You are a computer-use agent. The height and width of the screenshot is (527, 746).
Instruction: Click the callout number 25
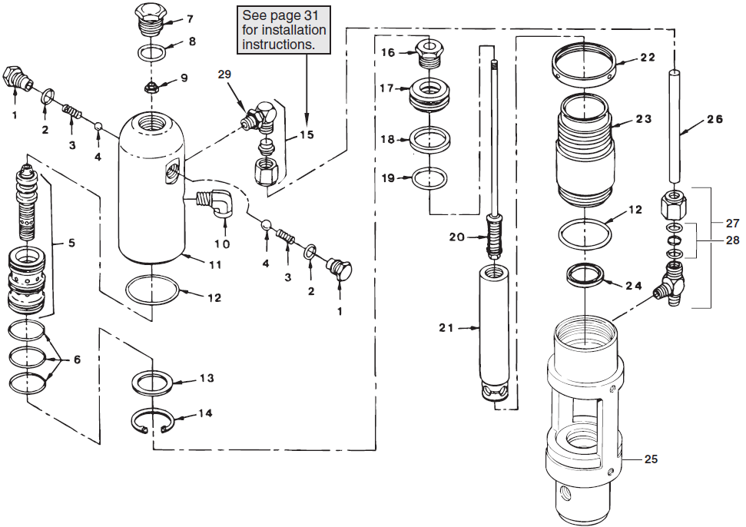pos(651,459)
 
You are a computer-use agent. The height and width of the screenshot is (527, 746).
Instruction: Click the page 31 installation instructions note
pos(283,30)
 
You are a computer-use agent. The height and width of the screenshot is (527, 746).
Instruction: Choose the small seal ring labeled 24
pos(587,275)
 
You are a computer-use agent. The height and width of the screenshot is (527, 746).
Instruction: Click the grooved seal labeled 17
pos(430,93)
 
